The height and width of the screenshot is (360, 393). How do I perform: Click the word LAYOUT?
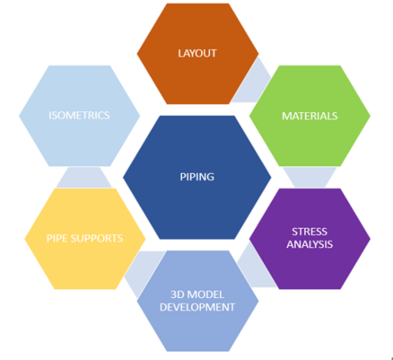pyautogui.click(x=197, y=53)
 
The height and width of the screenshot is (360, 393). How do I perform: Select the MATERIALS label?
pyautogui.click(x=310, y=116)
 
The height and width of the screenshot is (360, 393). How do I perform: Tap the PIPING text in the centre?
pyautogui.click(x=196, y=177)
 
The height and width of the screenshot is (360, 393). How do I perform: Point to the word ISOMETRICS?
pyautogui.click(x=79, y=115)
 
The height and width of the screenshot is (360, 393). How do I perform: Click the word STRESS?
pyautogui.click(x=310, y=232)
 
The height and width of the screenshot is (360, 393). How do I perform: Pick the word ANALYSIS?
pyautogui.click(x=310, y=244)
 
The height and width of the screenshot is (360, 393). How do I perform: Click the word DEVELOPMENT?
pyautogui.click(x=197, y=307)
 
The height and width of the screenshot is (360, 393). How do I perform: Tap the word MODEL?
pyautogui.click(x=206, y=294)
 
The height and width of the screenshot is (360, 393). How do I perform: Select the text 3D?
pyautogui.click(x=178, y=294)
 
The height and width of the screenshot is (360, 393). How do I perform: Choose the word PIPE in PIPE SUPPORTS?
pyautogui.click(x=57, y=238)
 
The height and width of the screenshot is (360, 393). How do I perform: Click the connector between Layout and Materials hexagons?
pyautogui.click(x=250, y=83)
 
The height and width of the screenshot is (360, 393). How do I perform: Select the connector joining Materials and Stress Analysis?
pyautogui.click(x=310, y=177)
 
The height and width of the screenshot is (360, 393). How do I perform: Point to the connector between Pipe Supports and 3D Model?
pyautogui.click(x=141, y=271)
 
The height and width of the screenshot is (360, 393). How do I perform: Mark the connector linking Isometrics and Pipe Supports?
pyautogui.click(x=83, y=178)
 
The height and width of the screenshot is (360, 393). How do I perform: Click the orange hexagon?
pyautogui.click(x=197, y=54)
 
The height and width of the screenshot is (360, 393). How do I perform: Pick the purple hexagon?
pyautogui.click(x=310, y=239)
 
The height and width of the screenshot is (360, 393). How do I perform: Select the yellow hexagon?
pyautogui.click(x=85, y=239)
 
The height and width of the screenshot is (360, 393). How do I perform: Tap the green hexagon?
pyautogui.click(x=310, y=116)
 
